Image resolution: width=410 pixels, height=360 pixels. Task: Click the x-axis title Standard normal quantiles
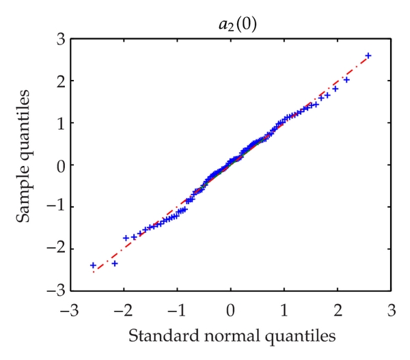(x=230, y=336)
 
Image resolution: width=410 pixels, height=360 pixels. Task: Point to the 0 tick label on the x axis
(x=230, y=310)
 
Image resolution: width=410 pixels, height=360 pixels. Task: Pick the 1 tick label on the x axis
(x=284, y=310)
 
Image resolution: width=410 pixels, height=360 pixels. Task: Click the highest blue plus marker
(x=368, y=55)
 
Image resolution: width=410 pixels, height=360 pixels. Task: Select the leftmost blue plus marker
(x=93, y=265)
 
